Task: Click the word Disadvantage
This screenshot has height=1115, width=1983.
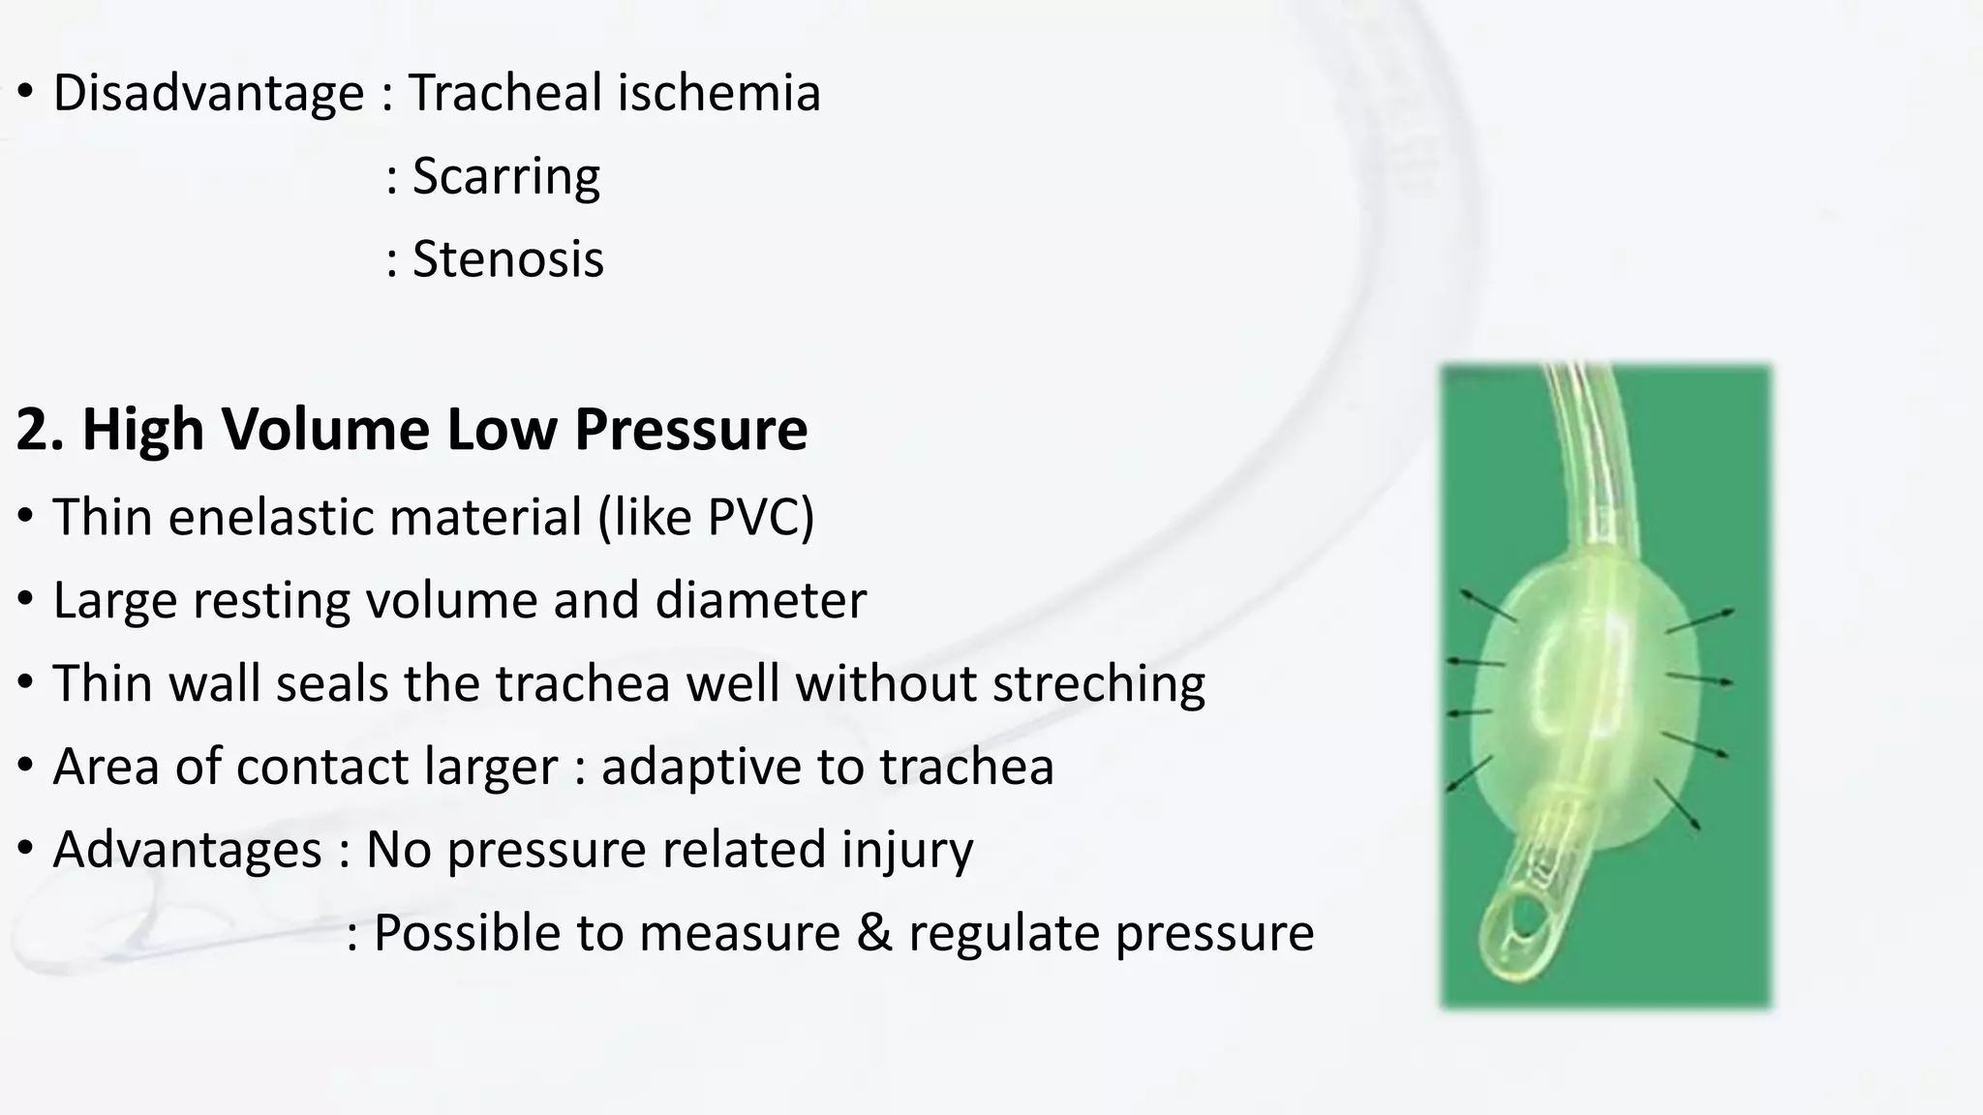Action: click(x=208, y=94)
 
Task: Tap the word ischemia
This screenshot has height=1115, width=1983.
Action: click(x=718, y=94)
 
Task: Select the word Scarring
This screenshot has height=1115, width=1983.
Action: click(x=505, y=177)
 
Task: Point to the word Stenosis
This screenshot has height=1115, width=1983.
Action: click(x=507, y=260)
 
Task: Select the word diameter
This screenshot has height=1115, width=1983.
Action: click(x=760, y=601)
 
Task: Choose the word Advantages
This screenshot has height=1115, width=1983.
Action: click(x=187, y=851)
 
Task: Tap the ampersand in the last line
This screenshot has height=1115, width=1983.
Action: click(x=874, y=934)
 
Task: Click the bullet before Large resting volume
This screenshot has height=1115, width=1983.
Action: click(x=26, y=599)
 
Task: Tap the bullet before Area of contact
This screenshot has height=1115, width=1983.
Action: click(x=26, y=766)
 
